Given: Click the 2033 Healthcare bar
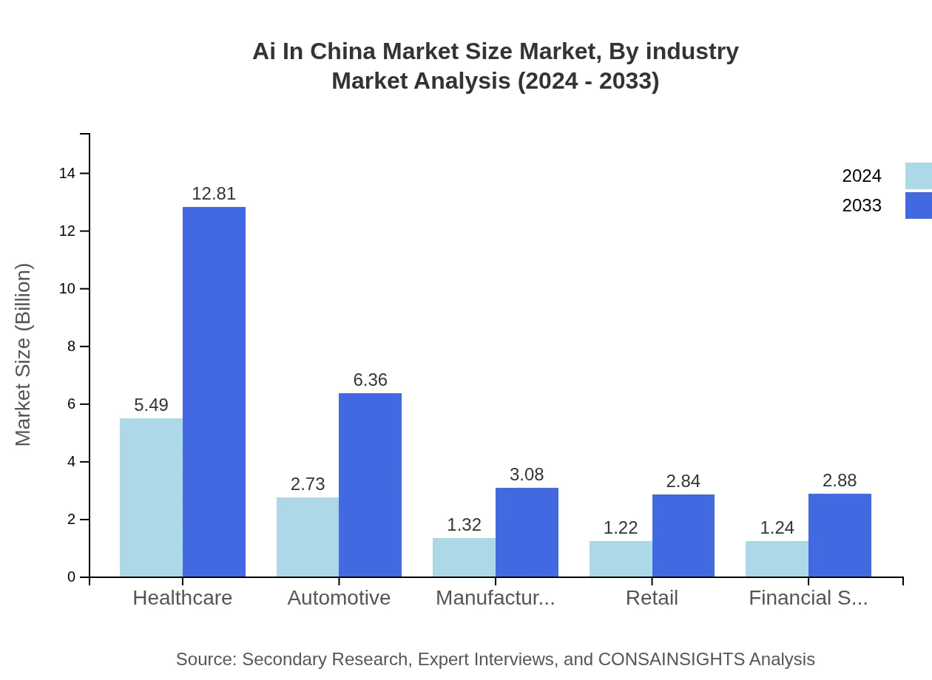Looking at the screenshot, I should tap(214, 392).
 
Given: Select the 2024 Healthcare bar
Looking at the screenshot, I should tap(151, 497).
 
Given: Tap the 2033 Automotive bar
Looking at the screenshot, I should tap(370, 485).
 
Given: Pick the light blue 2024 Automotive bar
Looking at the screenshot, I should tap(308, 537).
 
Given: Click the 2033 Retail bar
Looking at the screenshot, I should tap(683, 536).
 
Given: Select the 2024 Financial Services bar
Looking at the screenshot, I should tap(777, 559).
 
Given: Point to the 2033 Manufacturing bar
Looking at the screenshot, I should tap(527, 532).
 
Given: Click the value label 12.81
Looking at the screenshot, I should tap(214, 194).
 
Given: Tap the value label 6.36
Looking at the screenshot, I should tap(370, 380).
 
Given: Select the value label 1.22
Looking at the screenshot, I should tap(621, 528).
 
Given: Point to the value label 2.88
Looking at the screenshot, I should tap(840, 480).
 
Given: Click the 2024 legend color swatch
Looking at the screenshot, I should tap(918, 176).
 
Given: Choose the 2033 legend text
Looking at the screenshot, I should tap(862, 205).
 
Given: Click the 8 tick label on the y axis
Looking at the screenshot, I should tap(72, 347).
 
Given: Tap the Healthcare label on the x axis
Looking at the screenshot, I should tap(182, 598).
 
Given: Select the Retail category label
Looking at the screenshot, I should tap(652, 598).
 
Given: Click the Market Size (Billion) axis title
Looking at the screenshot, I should tap(23, 355).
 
